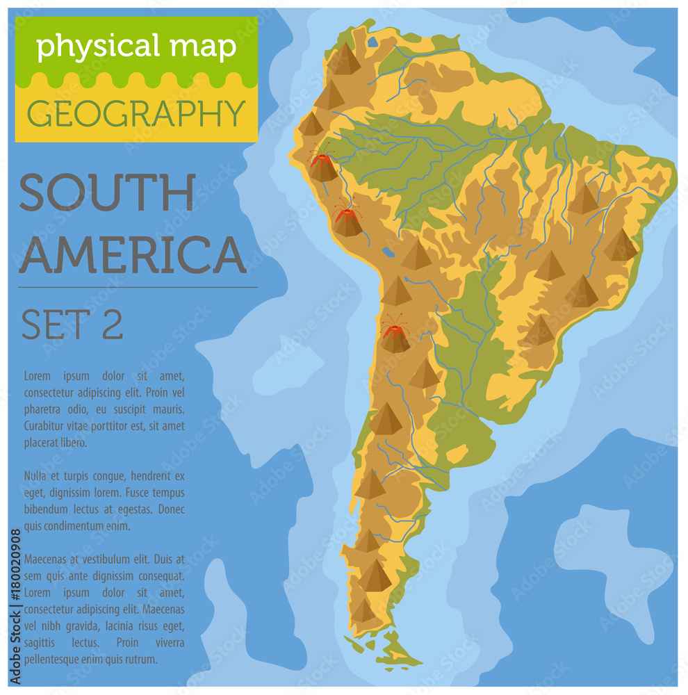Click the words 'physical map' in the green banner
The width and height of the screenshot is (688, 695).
[x=136, y=47]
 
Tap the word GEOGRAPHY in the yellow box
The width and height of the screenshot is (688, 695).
[x=136, y=113]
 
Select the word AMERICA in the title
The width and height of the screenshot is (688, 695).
[x=132, y=255]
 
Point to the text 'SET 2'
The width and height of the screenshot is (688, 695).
[x=72, y=324]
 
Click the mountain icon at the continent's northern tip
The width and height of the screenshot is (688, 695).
[x=345, y=59]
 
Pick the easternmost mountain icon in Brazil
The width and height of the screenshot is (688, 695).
[x=621, y=246]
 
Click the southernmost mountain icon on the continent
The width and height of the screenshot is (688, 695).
[x=363, y=610]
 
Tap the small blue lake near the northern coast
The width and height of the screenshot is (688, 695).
[x=373, y=42]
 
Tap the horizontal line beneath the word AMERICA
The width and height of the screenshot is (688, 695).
[x=138, y=287]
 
